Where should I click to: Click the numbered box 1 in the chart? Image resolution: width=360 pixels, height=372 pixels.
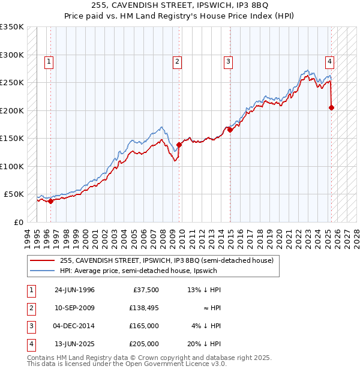[48, 60]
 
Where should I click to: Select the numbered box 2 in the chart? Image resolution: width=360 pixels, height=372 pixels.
[178, 60]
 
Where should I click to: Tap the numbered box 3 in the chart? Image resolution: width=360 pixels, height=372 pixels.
[229, 60]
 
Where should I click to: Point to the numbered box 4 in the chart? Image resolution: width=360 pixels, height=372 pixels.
[329, 60]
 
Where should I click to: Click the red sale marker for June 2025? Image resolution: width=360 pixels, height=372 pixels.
[331, 108]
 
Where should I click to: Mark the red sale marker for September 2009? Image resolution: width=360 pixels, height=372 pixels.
[179, 145]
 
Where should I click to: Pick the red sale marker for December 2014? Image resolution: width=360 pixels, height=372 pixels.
[230, 130]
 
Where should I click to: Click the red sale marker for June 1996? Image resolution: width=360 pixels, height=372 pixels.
[50, 201]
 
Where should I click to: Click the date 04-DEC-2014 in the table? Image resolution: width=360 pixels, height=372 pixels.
[74, 326]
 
